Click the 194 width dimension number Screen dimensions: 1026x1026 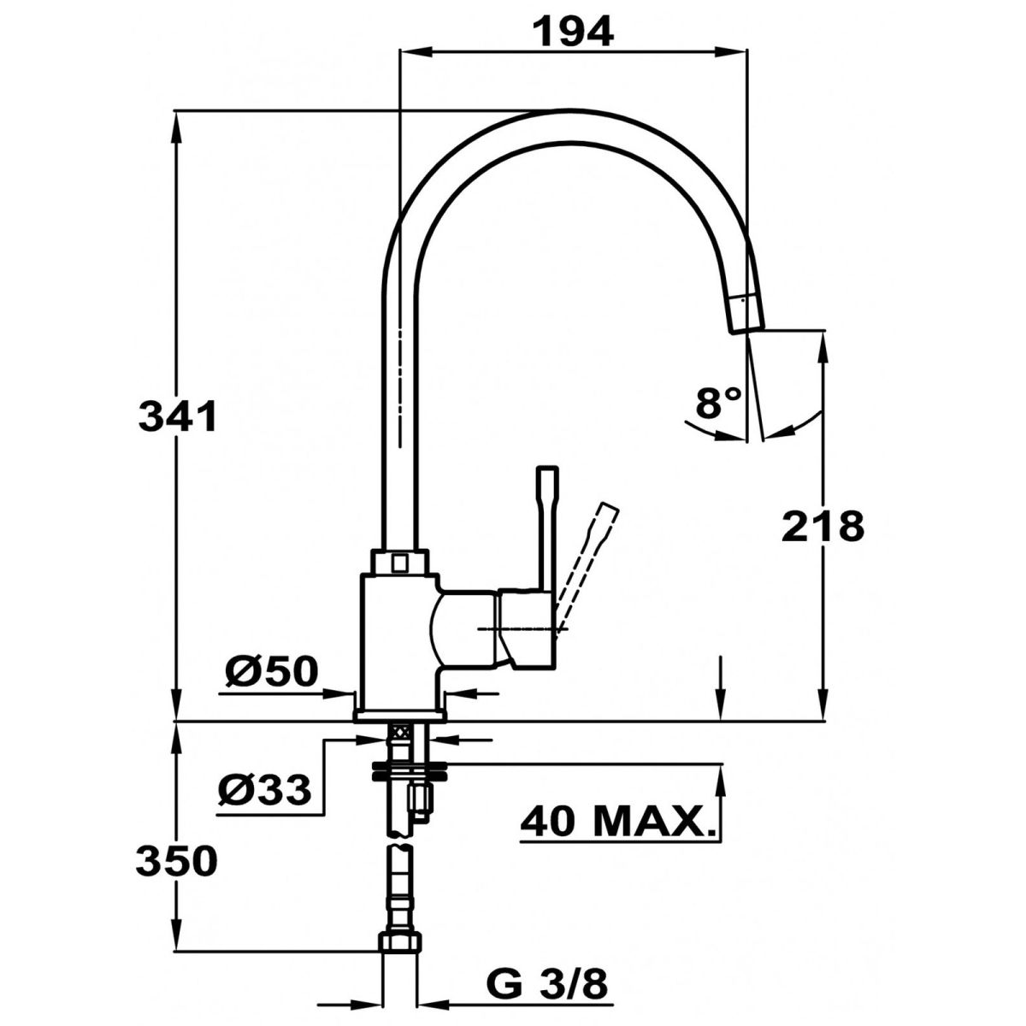click(574, 31)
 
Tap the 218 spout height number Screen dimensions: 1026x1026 click(823, 527)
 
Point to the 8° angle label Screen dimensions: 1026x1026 click(718, 403)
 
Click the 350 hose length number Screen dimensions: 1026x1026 click(177, 861)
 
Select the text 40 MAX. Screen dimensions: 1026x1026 click(618, 838)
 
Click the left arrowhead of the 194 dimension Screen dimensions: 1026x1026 click(416, 51)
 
